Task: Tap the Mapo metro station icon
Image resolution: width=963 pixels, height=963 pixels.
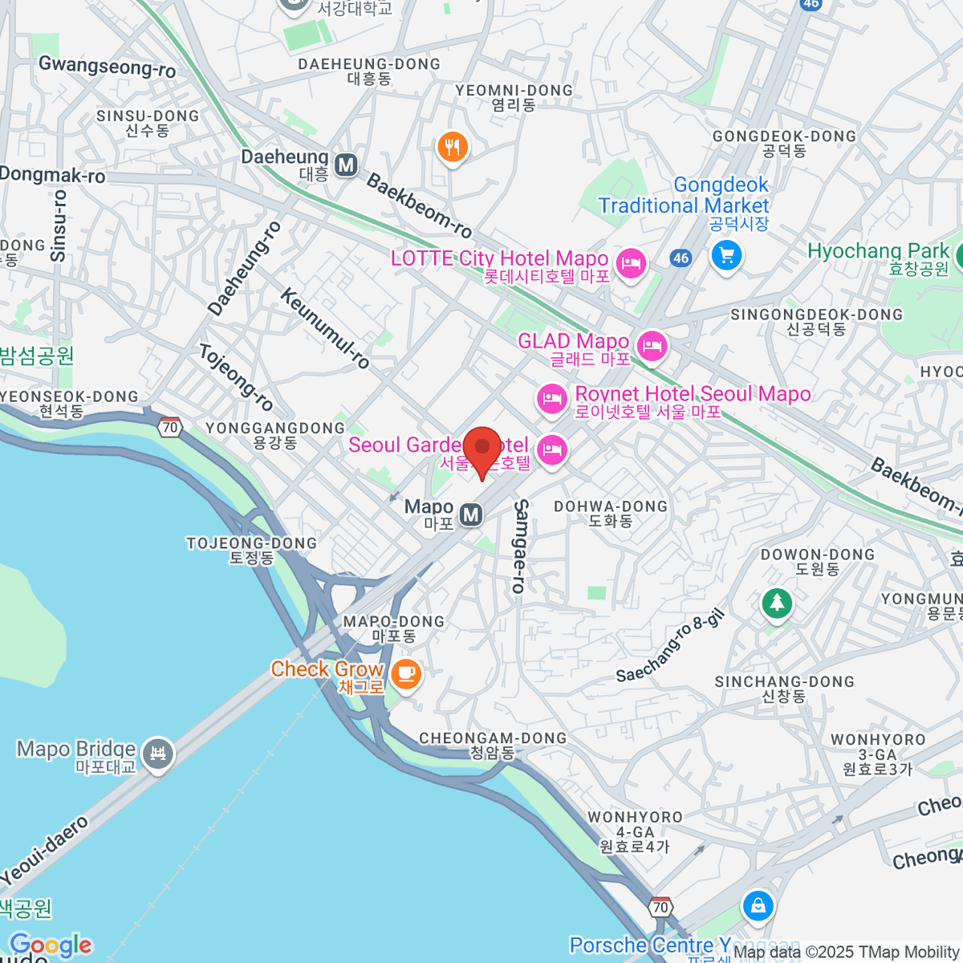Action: pos(471,514)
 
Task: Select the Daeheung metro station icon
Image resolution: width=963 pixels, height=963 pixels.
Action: pos(346,165)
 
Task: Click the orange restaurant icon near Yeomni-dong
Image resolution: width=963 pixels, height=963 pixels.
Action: pos(453,148)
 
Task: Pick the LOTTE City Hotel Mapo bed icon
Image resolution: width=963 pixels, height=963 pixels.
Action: pos(631,262)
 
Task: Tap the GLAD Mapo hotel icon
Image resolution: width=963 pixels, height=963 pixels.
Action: pos(652,346)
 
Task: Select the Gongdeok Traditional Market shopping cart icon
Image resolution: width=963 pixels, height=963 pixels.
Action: pos(726,256)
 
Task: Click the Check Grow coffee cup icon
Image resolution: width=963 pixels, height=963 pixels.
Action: pos(407,672)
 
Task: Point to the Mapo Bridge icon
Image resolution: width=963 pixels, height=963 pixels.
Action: pos(158,754)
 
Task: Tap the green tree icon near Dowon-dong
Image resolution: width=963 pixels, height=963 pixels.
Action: pos(776,603)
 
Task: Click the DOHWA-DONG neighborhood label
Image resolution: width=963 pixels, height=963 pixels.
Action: pos(611,513)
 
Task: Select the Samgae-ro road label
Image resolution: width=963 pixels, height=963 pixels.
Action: pos(520,546)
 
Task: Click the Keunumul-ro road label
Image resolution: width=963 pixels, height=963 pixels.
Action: pos(325,328)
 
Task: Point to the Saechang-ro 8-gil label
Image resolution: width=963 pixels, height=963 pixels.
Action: pos(670,646)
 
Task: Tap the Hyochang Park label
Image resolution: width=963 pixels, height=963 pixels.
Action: pos(878,251)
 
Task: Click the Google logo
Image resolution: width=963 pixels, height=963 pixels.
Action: pos(51,945)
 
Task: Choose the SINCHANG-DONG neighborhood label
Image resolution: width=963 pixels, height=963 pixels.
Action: pos(784,688)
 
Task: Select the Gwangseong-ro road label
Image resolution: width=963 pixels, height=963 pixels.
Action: pos(107,67)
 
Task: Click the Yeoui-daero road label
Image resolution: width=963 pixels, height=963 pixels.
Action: pos(44,851)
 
